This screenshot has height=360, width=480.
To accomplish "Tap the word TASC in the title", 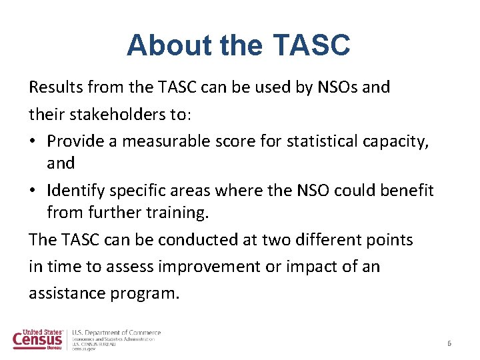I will (x=312, y=45).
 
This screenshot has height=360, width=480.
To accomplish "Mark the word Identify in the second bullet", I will (x=75, y=191).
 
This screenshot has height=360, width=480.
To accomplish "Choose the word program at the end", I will (x=145, y=293).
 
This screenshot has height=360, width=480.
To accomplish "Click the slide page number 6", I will (x=449, y=343).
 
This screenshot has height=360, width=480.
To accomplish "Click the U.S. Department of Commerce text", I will (x=116, y=332).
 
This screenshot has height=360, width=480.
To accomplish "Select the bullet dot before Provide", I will (x=34, y=141).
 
